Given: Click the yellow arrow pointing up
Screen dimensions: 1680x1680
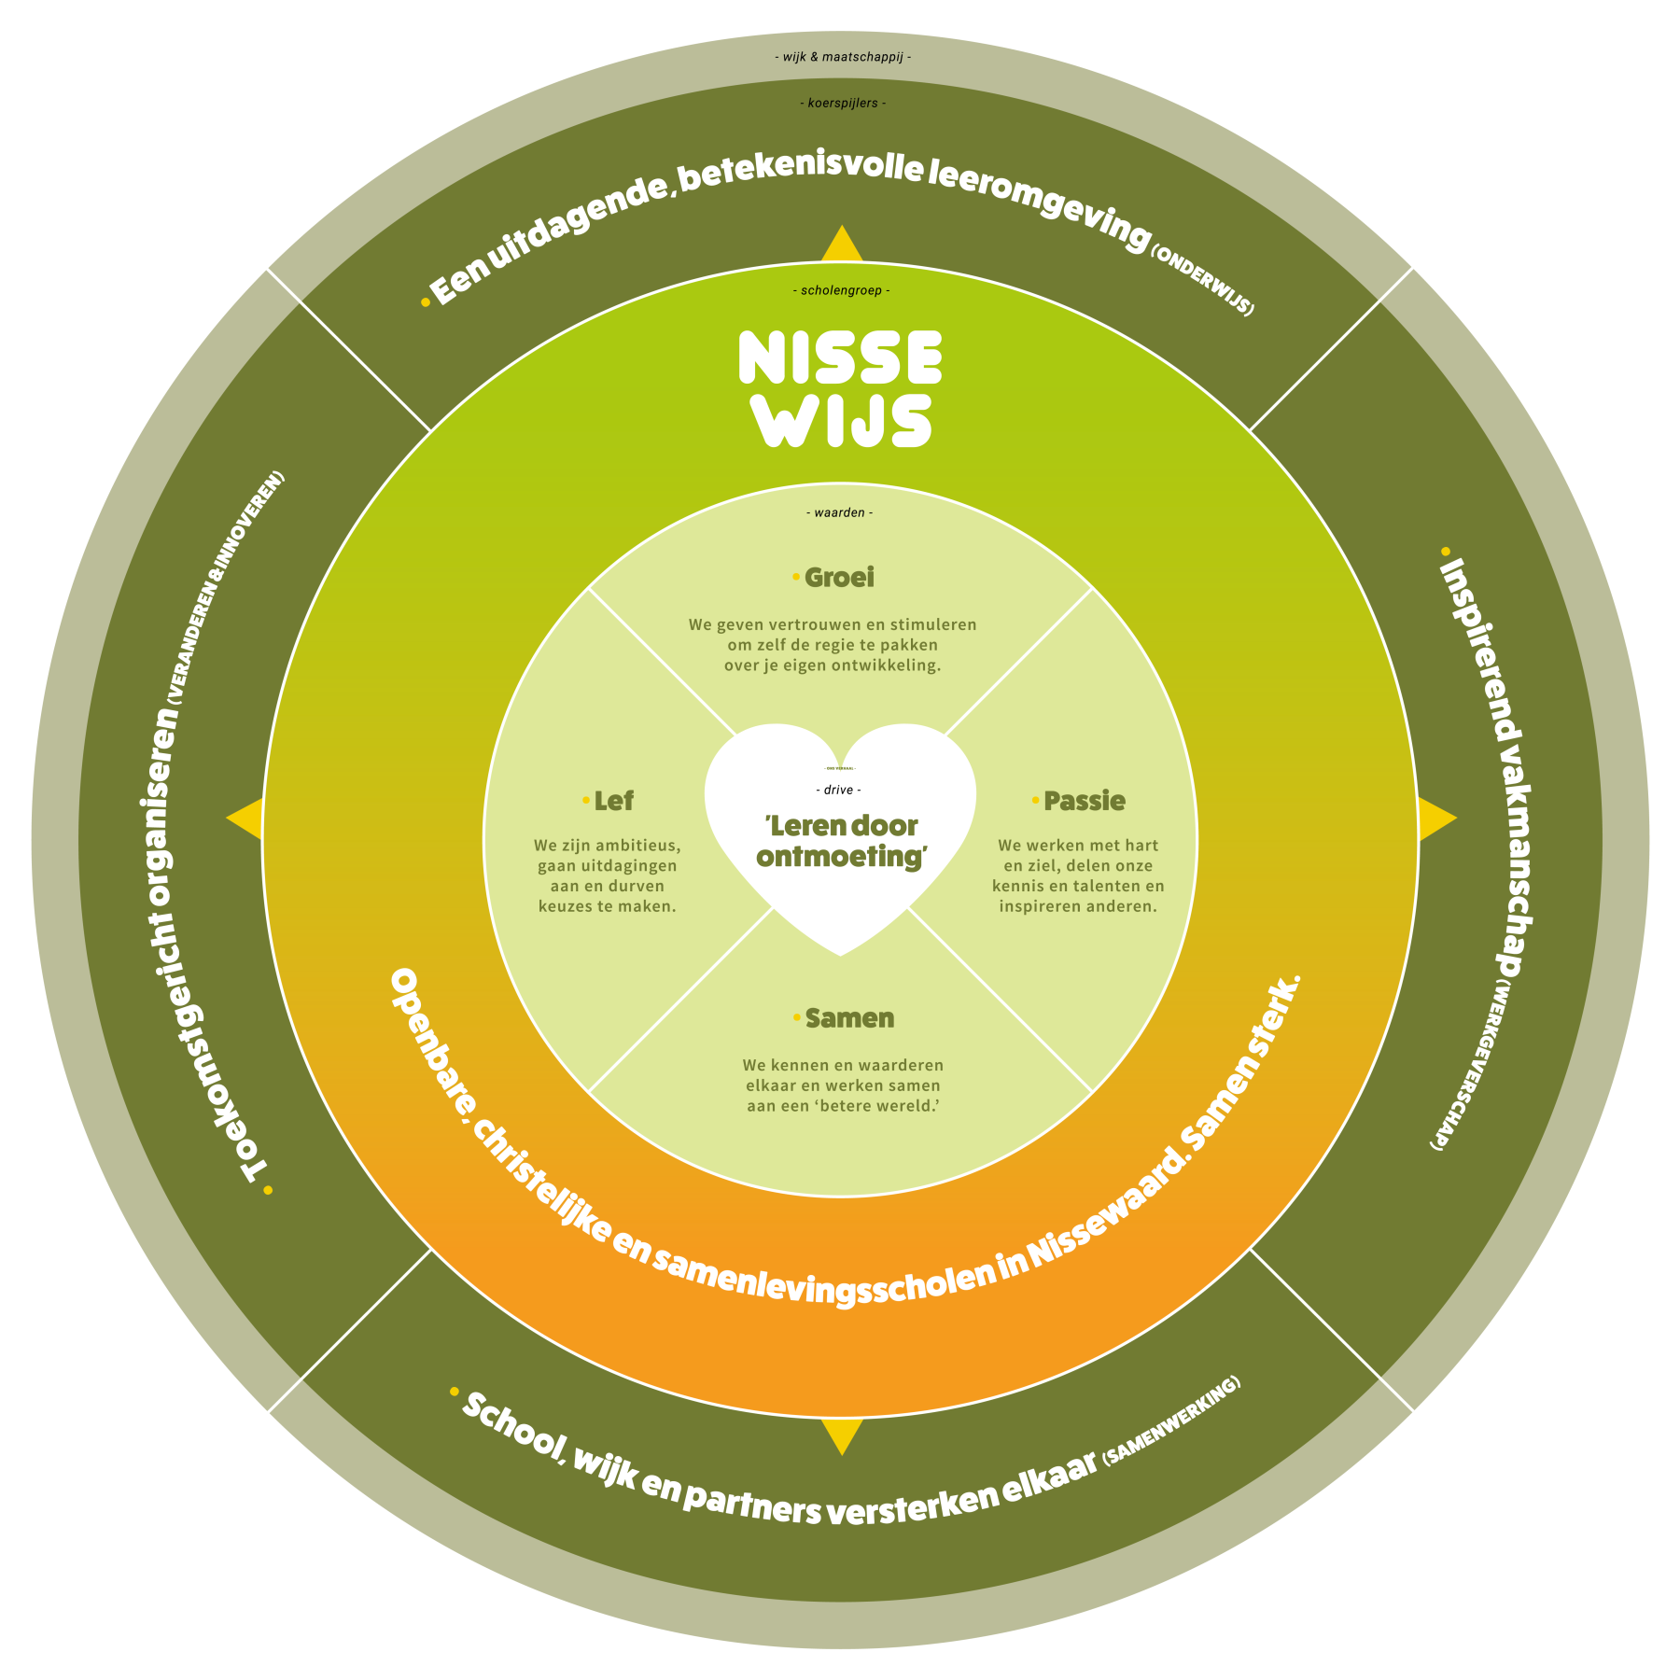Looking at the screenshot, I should [841, 245].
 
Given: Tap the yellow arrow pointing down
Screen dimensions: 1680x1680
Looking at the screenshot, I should [841, 1435].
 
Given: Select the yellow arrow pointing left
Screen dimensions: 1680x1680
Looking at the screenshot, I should [246, 819].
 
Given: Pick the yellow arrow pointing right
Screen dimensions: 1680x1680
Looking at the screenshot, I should [1435, 819].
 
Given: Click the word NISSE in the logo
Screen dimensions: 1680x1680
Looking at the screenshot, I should [840, 357].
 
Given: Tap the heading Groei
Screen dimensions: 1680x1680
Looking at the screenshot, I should [839, 578].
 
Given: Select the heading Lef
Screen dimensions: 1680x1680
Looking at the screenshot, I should [613, 801].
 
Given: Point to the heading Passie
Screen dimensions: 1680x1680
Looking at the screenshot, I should [1084, 801].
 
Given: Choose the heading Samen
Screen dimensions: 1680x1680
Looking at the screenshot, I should [849, 1018].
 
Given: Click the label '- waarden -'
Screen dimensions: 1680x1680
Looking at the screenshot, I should [839, 512].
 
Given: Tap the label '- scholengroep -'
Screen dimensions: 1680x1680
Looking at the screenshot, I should [841, 290].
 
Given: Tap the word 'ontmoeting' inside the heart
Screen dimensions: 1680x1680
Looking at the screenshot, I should [840, 857].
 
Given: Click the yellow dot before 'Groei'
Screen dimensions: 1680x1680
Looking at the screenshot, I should [795, 577].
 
